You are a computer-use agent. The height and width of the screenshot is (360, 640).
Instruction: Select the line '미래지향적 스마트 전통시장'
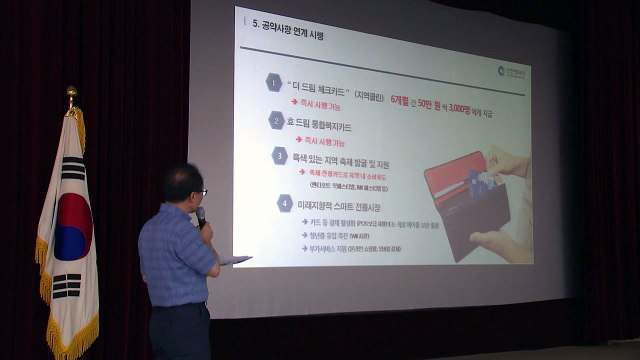click(x=350, y=204)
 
